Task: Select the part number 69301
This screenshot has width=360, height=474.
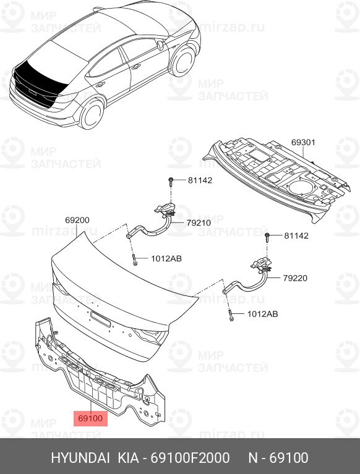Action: (x=303, y=142)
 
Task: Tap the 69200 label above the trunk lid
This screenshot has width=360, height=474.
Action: (x=77, y=220)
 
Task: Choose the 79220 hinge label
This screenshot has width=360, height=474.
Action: (x=295, y=278)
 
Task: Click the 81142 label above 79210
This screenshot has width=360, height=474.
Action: (x=200, y=180)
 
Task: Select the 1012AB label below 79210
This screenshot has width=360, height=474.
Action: (x=166, y=259)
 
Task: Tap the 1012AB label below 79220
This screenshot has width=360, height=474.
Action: (x=262, y=314)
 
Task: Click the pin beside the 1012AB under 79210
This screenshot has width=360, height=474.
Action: (x=134, y=258)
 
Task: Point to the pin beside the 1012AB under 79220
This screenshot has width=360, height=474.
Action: (x=230, y=314)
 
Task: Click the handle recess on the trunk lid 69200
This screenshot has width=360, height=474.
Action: (x=100, y=318)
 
